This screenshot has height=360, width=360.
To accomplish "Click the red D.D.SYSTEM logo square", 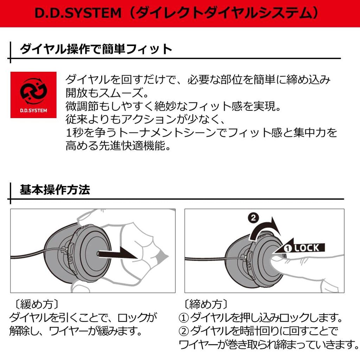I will tap(33, 95).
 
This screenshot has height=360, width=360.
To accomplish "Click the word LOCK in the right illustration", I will tap(307, 248).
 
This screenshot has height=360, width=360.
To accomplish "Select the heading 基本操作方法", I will tap(55, 190).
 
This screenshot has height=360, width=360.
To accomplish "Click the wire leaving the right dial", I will tap(207, 259).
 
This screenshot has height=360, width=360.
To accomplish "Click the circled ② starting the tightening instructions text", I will tap(184, 331).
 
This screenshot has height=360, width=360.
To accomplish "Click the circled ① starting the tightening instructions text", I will tap(184, 318).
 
